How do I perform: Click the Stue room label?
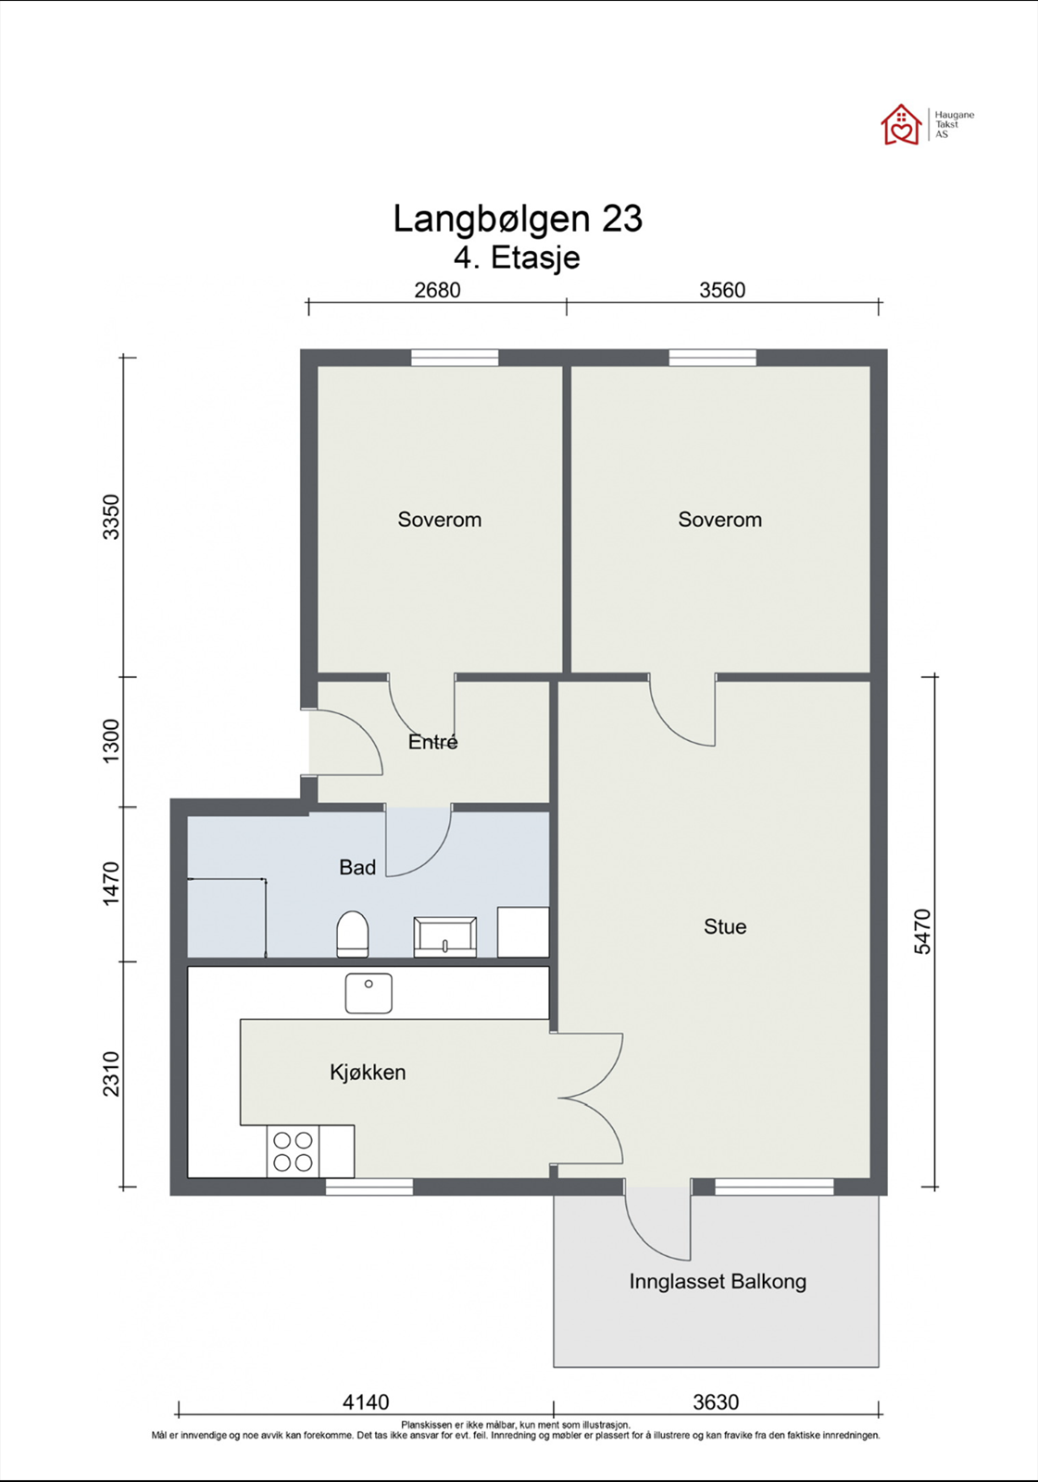(x=725, y=927)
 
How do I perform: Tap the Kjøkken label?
(x=368, y=1073)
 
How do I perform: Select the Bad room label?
(x=357, y=867)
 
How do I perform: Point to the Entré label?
(x=432, y=742)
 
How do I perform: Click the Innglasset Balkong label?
(x=718, y=1282)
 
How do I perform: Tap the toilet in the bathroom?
(x=352, y=934)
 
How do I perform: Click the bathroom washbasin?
(x=444, y=936)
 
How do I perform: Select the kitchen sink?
(x=369, y=993)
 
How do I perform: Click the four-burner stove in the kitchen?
(x=294, y=1152)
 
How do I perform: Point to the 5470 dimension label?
(x=922, y=932)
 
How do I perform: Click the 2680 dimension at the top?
(x=437, y=290)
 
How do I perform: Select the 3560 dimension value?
(x=722, y=290)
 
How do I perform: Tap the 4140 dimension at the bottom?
(x=366, y=1402)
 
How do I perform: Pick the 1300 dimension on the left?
(x=111, y=740)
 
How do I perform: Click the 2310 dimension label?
(x=111, y=1074)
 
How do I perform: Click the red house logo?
(x=900, y=124)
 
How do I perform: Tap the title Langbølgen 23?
(x=518, y=219)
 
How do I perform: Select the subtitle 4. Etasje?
(x=517, y=258)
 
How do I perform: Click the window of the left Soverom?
(x=455, y=358)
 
